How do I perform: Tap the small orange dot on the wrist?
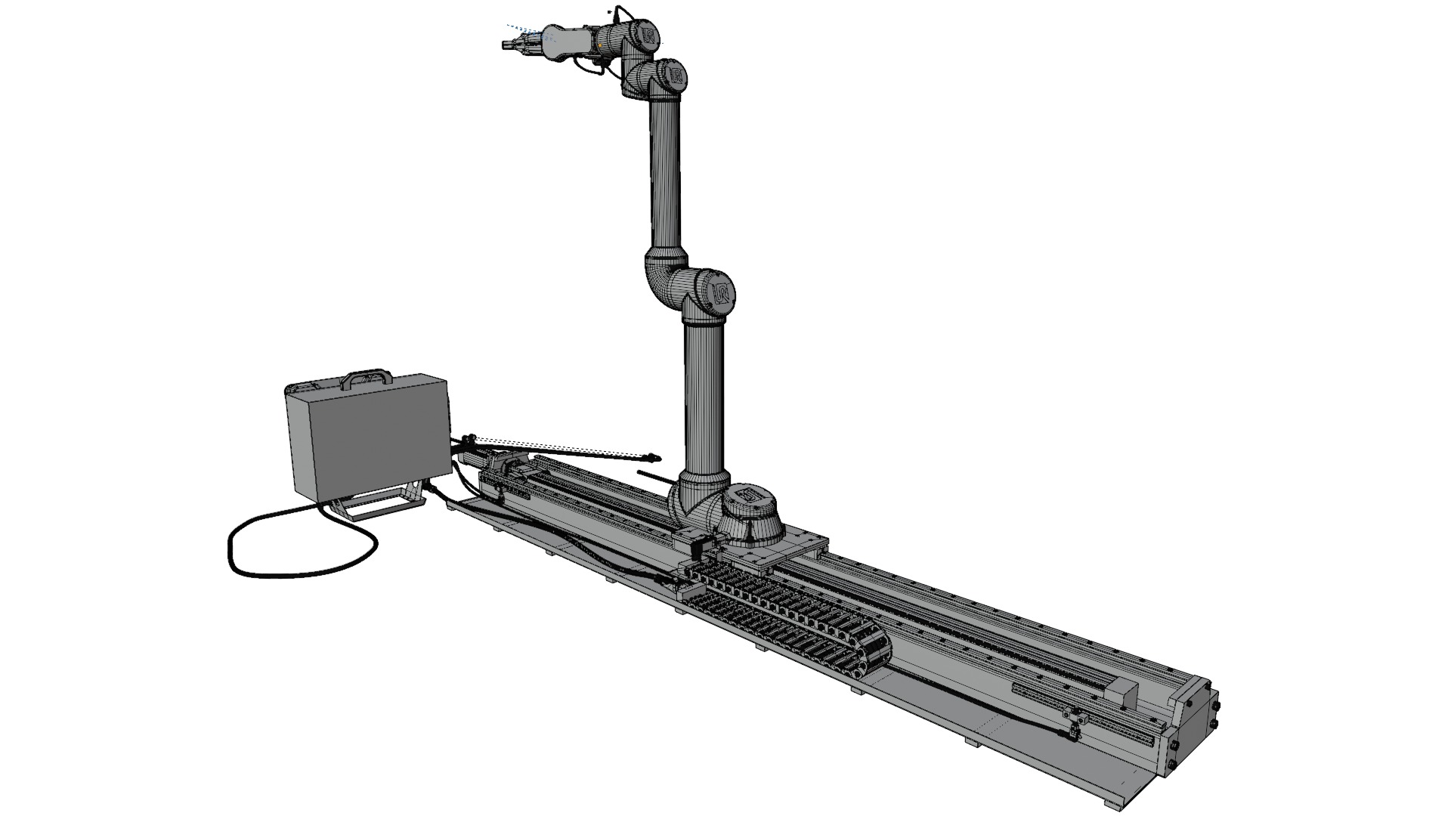point(599,45)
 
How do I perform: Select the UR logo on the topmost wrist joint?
point(648,36)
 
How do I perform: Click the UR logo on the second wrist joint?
point(676,75)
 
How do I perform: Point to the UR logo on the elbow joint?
point(722,293)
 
